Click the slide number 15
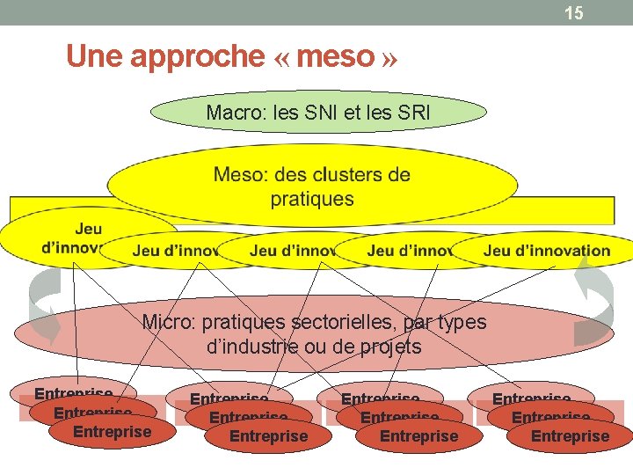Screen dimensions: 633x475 573,12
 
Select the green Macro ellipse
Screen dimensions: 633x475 319,113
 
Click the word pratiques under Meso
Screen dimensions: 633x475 312,198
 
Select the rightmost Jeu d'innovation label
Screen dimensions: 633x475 546,251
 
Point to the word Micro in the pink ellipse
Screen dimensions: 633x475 166,322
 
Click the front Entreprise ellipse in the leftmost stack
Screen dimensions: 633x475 111,432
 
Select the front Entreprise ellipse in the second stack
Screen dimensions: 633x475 268,436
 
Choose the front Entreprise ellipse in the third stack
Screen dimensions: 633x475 418,436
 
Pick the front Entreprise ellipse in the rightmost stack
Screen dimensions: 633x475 570,436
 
